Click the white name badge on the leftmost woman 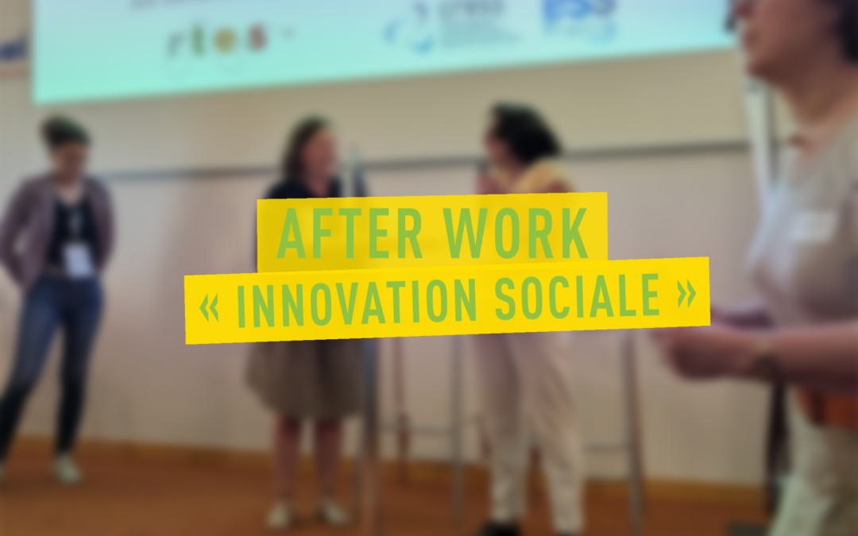pos(78,260)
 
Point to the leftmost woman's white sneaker pos(68,470)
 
